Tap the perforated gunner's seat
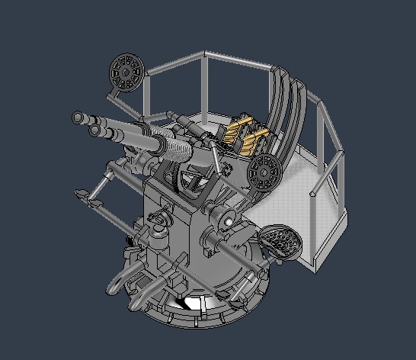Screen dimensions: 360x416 point(280,240)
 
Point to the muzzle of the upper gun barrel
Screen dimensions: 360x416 point(78,117)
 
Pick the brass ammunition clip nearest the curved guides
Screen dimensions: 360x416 point(258,140)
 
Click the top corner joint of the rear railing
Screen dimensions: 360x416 point(204,53)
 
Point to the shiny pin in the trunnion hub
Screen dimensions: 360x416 point(228,222)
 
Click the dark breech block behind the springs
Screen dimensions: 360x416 point(200,134)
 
